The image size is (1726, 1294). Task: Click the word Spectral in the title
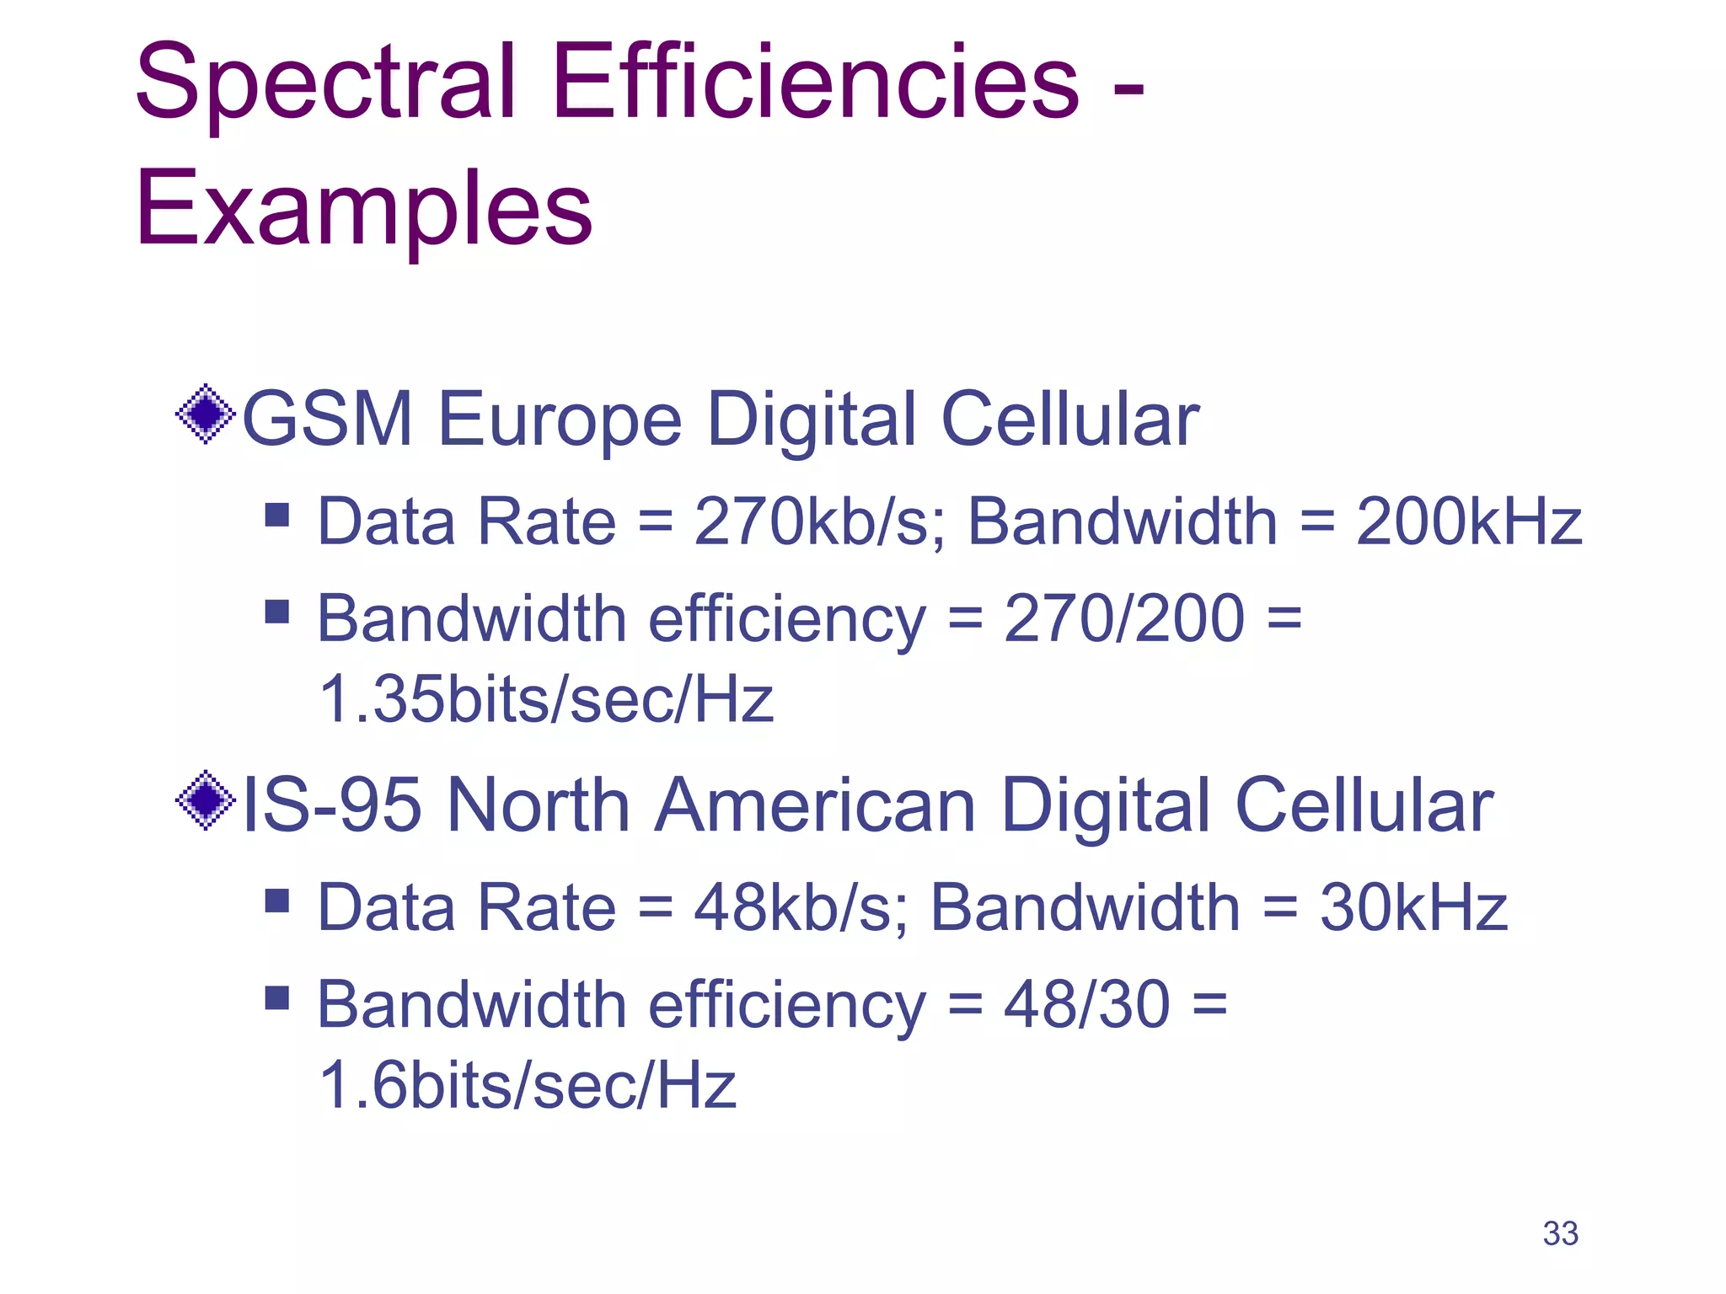click(324, 82)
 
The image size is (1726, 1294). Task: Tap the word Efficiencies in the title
click(815, 82)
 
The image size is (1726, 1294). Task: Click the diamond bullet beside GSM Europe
click(205, 414)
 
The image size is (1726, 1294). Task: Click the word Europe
click(560, 420)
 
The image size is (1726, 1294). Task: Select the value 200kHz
click(1468, 521)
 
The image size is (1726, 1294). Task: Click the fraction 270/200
click(1123, 618)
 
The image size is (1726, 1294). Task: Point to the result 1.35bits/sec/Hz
click(546, 698)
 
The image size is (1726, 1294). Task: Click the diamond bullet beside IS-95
click(205, 799)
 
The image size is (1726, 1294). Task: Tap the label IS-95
click(331, 805)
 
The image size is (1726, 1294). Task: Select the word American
click(815, 805)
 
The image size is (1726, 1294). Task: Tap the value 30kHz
click(1413, 907)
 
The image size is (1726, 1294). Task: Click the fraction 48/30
click(1086, 1004)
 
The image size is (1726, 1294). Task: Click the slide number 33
click(1560, 1233)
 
